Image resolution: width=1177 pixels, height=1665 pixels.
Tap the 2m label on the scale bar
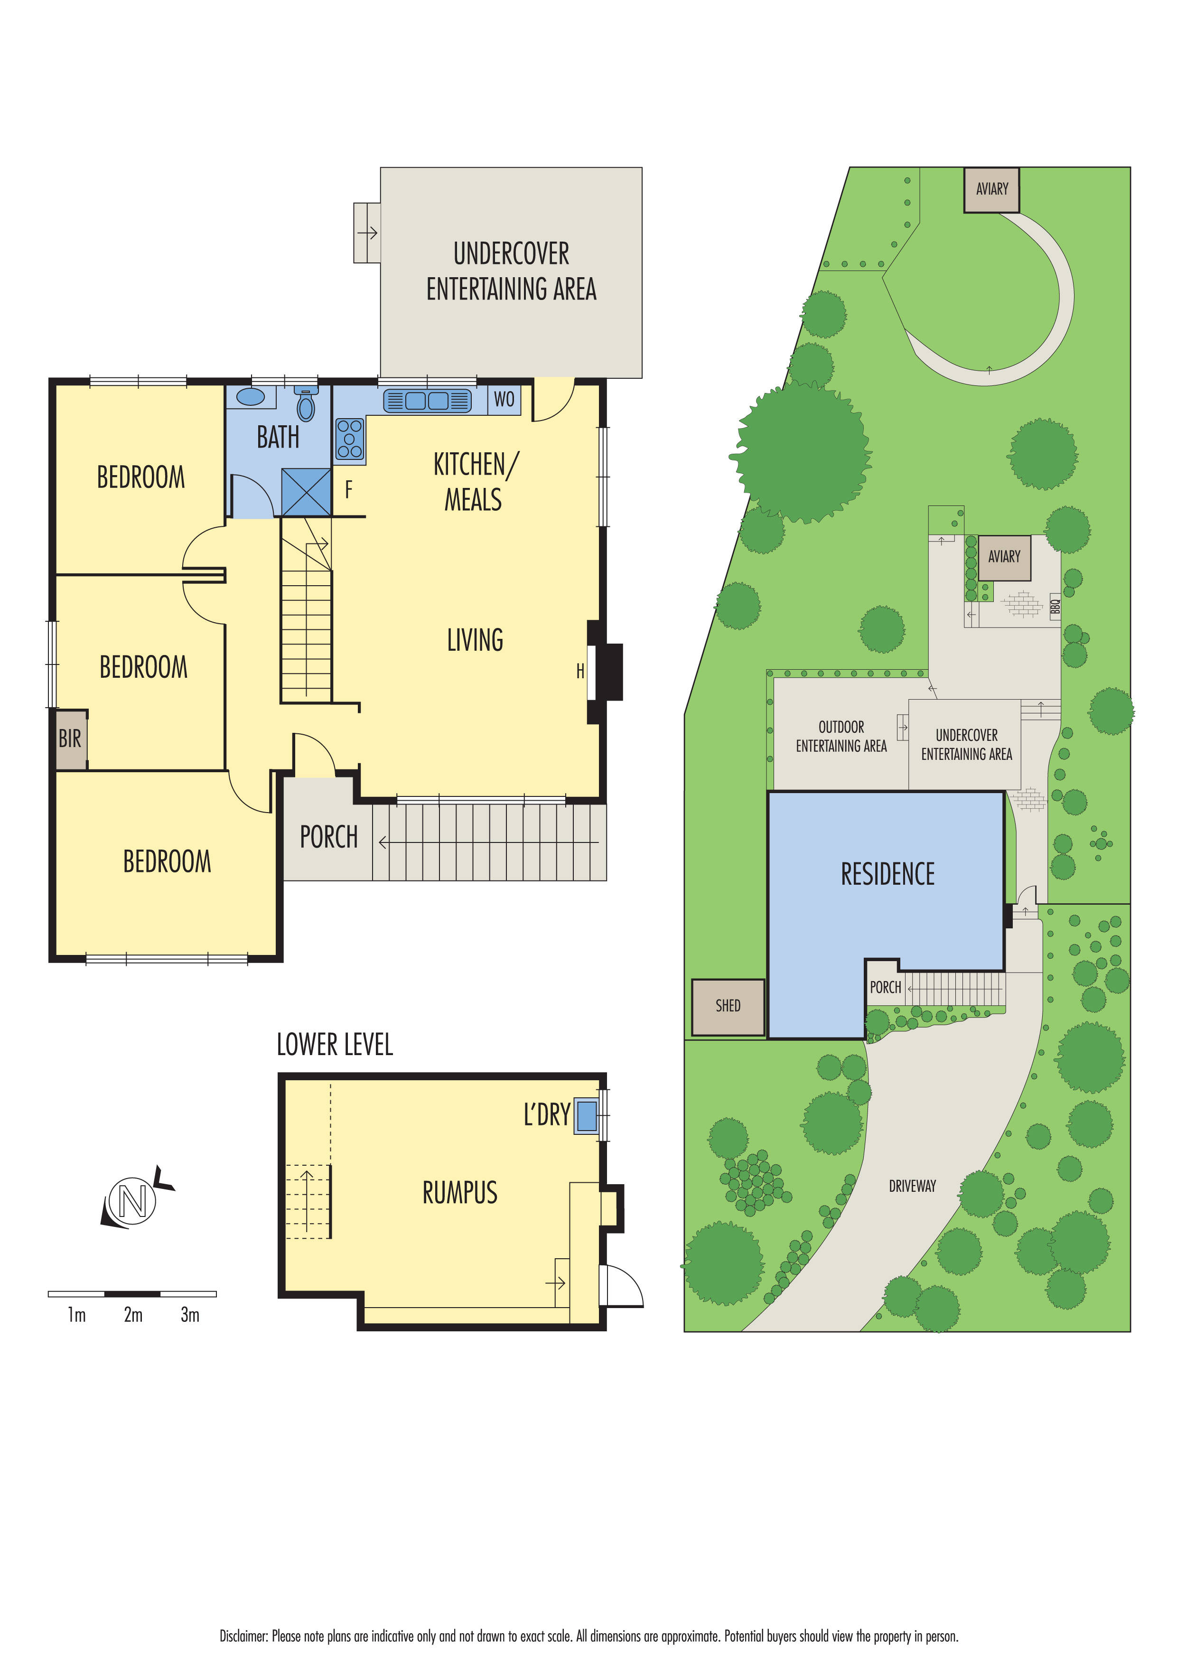(133, 1315)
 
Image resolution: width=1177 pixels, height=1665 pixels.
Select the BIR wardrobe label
(70, 739)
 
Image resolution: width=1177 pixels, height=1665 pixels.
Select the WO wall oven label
(504, 399)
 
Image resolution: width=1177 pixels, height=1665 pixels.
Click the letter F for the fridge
(349, 490)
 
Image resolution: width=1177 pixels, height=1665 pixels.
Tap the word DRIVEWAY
(912, 1187)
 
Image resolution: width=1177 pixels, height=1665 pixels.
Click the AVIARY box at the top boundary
(991, 189)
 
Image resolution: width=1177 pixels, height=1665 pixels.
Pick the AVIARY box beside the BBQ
(1004, 557)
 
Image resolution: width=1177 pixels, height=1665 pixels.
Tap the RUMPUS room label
(460, 1193)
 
